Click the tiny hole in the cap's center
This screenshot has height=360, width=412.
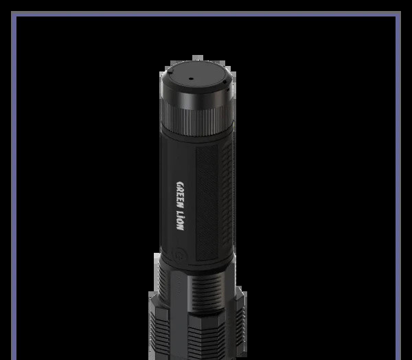coord(192,78)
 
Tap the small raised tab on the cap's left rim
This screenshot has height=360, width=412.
coord(170,71)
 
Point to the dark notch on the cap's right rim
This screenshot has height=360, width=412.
coord(225,82)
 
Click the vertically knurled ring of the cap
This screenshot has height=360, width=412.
coord(197,121)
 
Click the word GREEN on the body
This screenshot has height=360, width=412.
coord(181,193)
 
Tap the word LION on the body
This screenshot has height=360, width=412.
coord(180,220)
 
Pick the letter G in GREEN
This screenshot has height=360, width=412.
coord(181,184)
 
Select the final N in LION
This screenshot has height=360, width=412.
coord(180,227)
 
